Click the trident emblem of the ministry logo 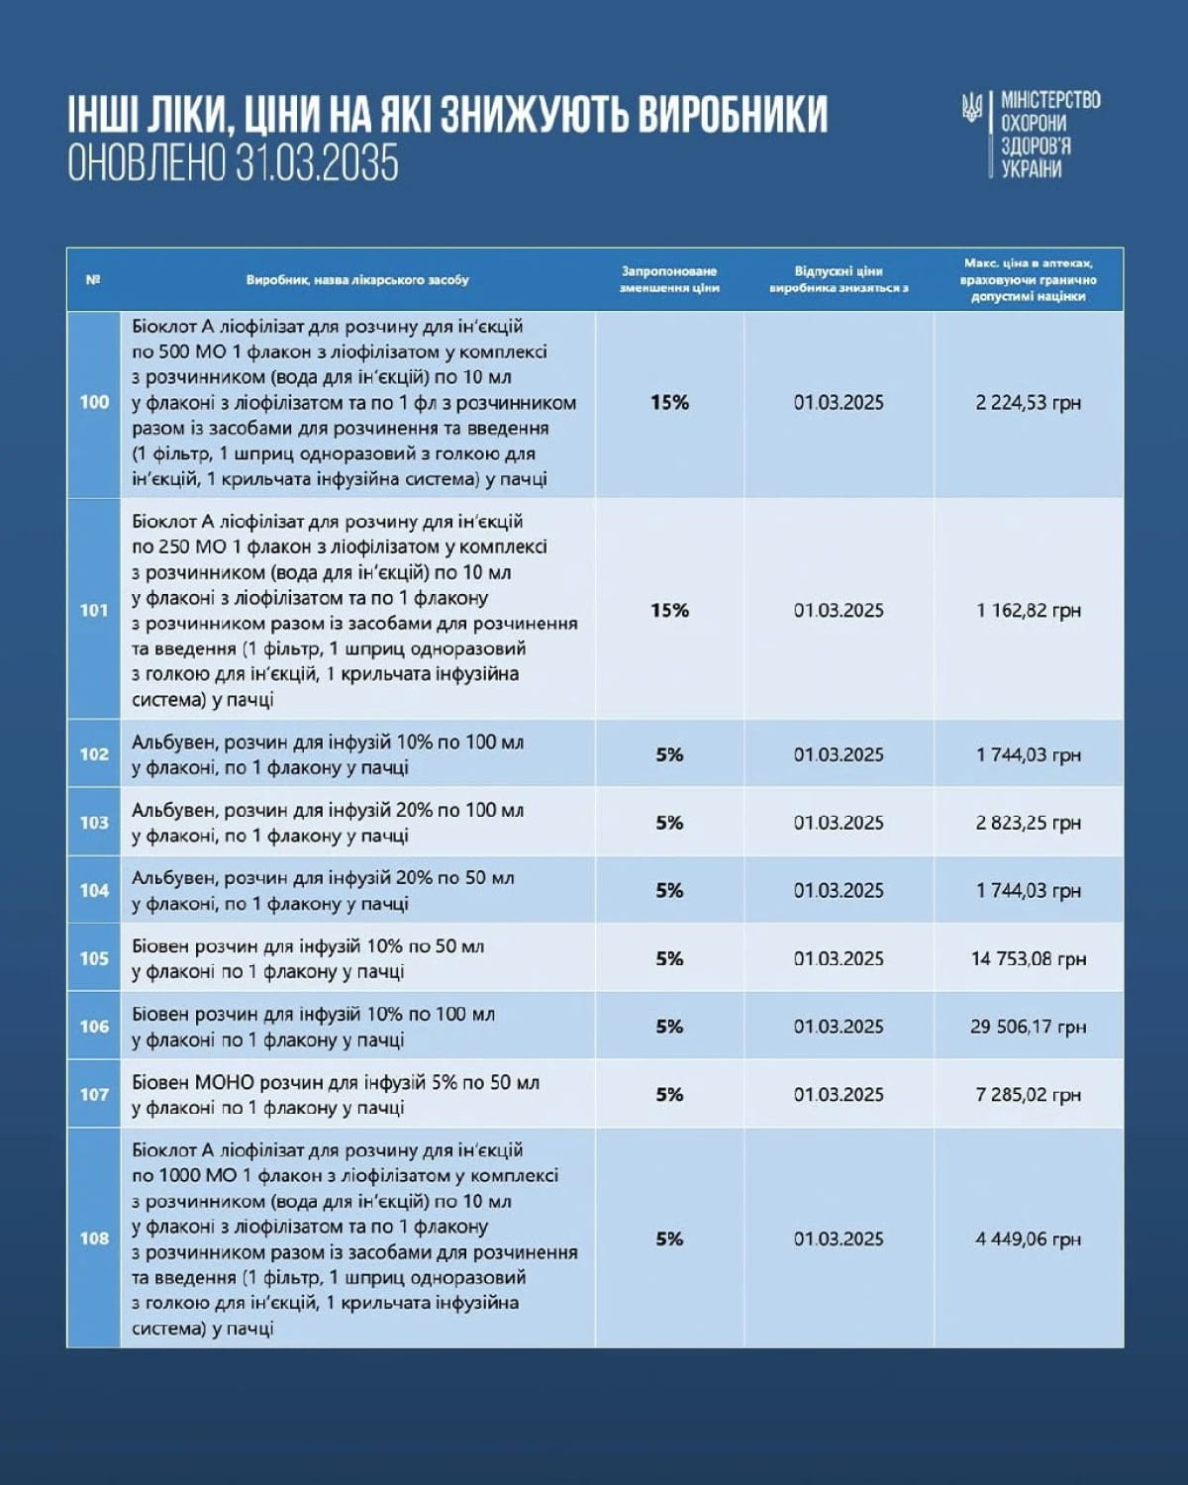click(x=973, y=108)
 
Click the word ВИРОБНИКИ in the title click(x=732, y=115)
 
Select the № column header click(x=93, y=279)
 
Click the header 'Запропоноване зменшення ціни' click(x=669, y=279)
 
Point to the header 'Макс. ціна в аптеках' click(x=1028, y=279)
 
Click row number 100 click(x=94, y=402)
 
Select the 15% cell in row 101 click(x=669, y=610)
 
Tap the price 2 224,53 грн click(x=1028, y=402)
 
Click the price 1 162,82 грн click(x=1028, y=610)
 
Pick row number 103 click(x=94, y=822)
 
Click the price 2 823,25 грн click(x=1028, y=822)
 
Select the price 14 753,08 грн click(x=1028, y=958)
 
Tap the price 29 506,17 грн click(x=1028, y=1027)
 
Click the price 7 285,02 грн click(x=1028, y=1094)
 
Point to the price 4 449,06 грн click(x=1028, y=1238)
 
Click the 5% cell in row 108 click(x=669, y=1238)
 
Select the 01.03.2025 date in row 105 click(x=839, y=958)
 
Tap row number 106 click(x=94, y=1027)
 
